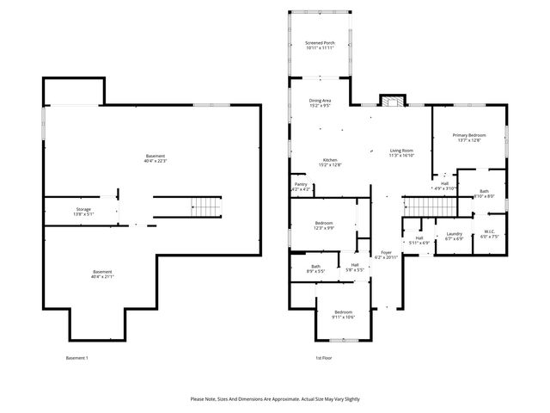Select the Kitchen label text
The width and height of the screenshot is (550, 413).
pyautogui.click(x=330, y=162)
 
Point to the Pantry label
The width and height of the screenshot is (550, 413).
pyautogui.click(x=301, y=186)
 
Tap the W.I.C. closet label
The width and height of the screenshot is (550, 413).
pyautogui.click(x=489, y=233)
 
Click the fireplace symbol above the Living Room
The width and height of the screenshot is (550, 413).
pyautogui.click(x=392, y=101)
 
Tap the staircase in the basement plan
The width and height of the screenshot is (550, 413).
pyautogui.click(x=205, y=206)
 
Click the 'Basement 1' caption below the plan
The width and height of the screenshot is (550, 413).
pyautogui.click(x=76, y=358)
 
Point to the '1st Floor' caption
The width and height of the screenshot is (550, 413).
pyautogui.click(x=322, y=358)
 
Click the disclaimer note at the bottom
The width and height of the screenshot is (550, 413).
pyautogui.click(x=275, y=399)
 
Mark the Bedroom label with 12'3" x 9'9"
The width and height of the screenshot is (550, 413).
pyautogui.click(x=323, y=225)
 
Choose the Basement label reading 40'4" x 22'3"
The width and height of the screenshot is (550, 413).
pyautogui.click(x=156, y=158)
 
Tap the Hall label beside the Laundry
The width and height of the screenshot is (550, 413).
pyautogui.click(x=419, y=240)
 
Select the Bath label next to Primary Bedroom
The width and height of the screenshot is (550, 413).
pyautogui.click(x=484, y=194)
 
